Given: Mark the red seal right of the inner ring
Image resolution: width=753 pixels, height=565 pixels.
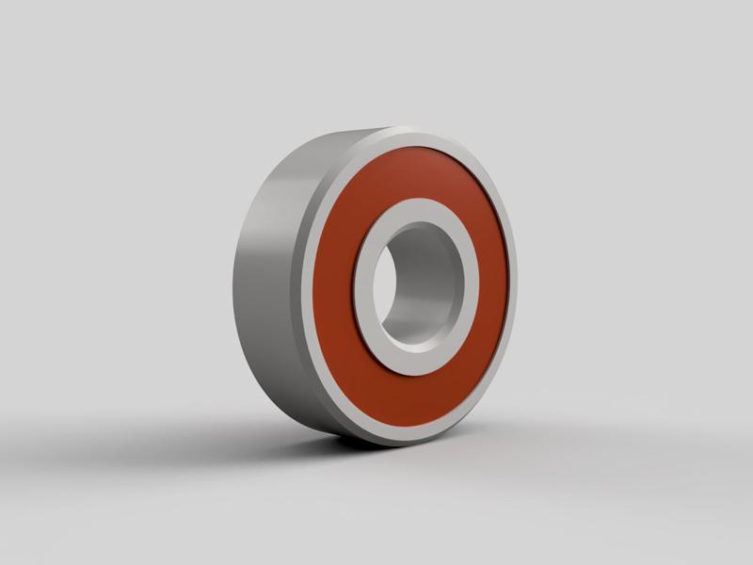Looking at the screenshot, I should (494, 282).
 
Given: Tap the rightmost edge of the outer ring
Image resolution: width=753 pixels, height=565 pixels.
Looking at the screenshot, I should (518, 282).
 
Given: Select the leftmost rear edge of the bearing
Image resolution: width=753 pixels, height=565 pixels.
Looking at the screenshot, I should (233, 282).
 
